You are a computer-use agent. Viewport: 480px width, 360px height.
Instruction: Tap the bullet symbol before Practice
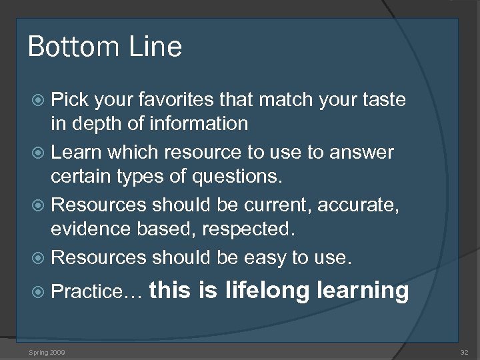tap(39, 291)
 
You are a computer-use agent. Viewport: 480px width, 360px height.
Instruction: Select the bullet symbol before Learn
tap(39, 153)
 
